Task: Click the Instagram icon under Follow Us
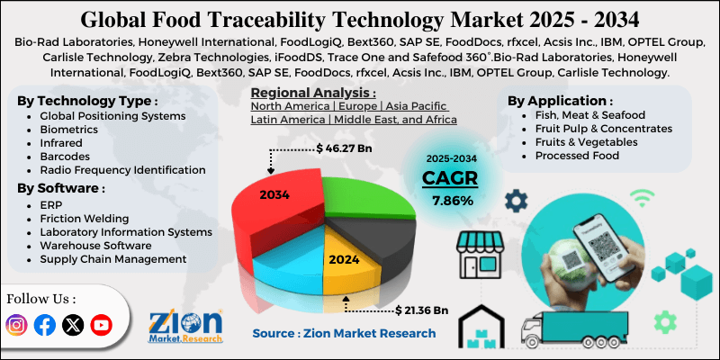click(17, 325)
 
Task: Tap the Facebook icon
click(44, 325)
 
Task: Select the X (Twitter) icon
click(73, 325)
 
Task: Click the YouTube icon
click(101, 325)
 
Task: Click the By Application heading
click(561, 101)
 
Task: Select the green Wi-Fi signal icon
click(640, 196)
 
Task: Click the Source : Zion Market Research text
click(344, 333)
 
